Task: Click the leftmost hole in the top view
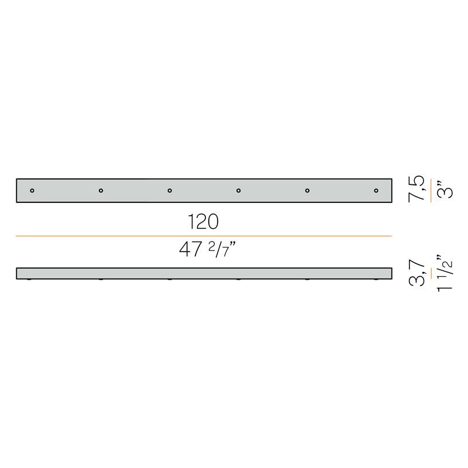(32, 191)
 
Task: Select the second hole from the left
(101, 191)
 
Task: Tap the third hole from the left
(170, 191)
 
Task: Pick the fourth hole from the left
(239, 191)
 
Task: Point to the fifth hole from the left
(308, 191)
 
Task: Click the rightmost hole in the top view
(376, 191)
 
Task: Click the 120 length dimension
(203, 222)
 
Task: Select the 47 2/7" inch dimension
(208, 250)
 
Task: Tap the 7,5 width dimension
(417, 189)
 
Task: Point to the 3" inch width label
(445, 189)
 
